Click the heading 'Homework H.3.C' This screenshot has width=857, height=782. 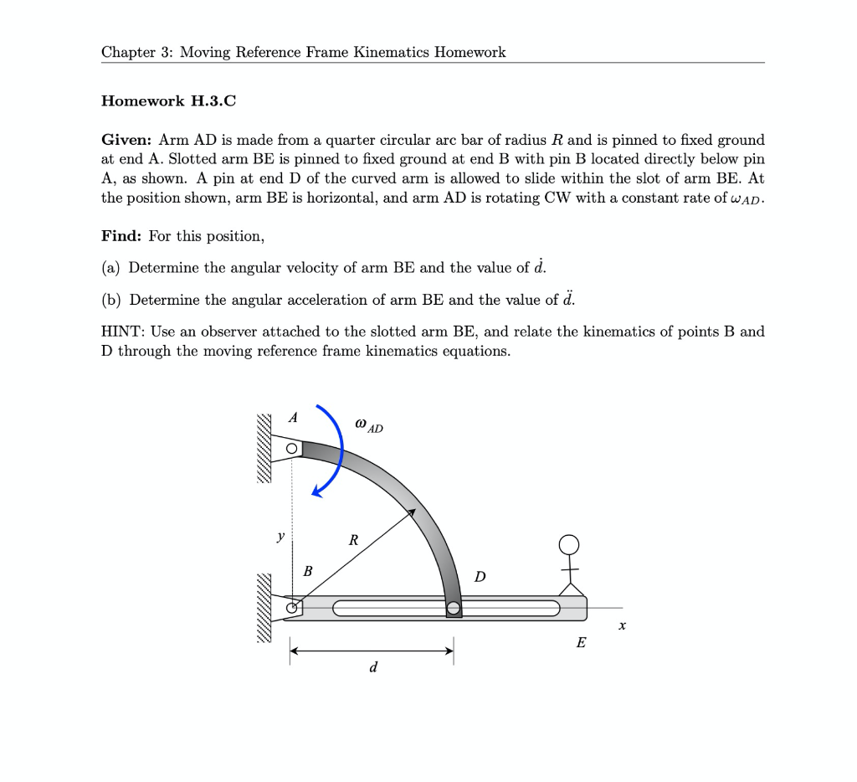tap(168, 101)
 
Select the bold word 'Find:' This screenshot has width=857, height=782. tap(122, 236)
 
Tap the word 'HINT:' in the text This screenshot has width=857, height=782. tap(123, 332)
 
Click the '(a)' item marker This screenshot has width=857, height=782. tap(110, 268)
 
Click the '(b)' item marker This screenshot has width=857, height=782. tap(110, 300)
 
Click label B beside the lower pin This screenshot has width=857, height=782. tap(307, 571)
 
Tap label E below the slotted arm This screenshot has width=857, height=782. tap(581, 643)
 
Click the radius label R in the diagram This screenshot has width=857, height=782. tap(353, 541)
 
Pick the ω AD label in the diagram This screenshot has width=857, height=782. tap(369, 426)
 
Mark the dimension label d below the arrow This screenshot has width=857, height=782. tap(373, 667)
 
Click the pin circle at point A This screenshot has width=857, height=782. tap(291, 449)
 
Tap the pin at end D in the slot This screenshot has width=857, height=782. tap(453, 608)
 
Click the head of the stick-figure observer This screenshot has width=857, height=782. tap(569, 545)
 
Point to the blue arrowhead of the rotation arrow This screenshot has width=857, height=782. tap(318, 491)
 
